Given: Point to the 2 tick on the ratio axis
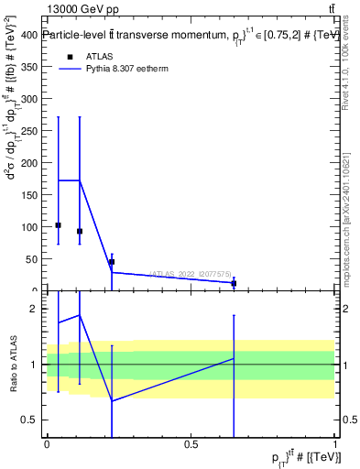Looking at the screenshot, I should pos(39,309).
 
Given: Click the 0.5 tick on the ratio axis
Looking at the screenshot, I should pos(35,420).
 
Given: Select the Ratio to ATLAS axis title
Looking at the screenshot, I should pos(14,365).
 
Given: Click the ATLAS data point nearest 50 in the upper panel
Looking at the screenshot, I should pos(112,262).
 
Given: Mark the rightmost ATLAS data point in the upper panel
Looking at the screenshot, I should pos(235,283).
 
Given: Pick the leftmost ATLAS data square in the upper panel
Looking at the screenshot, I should pos(59,225).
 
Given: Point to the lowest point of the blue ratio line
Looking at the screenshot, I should pos(112,400).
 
